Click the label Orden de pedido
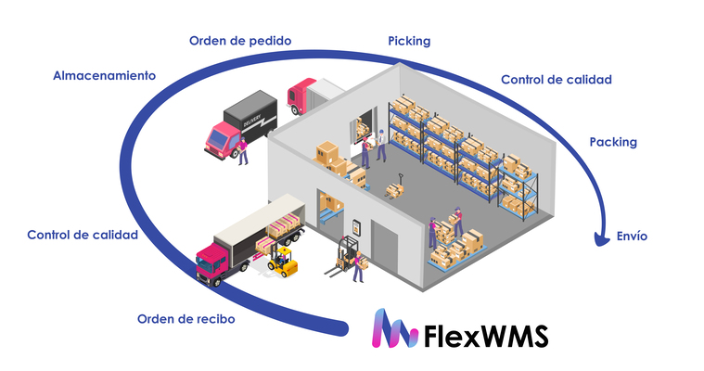coord(240,41)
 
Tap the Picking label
coord(409,41)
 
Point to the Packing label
coord(613,142)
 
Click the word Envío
coord(632,237)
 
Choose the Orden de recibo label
coord(186,319)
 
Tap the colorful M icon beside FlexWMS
coord(391,330)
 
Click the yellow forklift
coord(282,261)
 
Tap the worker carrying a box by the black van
coord(243,149)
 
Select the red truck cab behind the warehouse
coord(302,95)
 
